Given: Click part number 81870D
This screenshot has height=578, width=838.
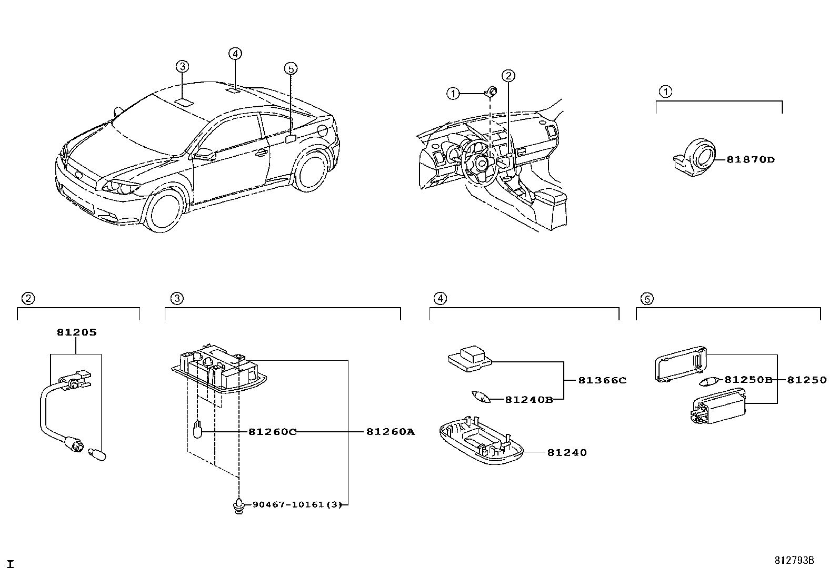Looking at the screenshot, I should pyautogui.click(x=750, y=160).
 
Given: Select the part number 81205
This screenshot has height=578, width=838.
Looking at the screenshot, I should pyautogui.click(x=77, y=332).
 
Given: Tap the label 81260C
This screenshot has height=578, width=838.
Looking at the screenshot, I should pyautogui.click(x=272, y=432).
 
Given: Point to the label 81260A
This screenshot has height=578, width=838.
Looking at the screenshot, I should pyautogui.click(x=391, y=432).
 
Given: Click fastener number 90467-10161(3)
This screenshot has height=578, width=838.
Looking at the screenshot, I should pyautogui.click(x=297, y=504).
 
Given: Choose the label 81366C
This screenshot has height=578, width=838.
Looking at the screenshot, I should pyautogui.click(x=602, y=380).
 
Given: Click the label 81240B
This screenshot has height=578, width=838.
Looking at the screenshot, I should pyautogui.click(x=528, y=400).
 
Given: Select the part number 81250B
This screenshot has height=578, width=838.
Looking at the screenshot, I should pyautogui.click(x=748, y=380).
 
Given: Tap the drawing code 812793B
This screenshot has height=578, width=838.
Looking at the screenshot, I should pyautogui.click(x=794, y=561).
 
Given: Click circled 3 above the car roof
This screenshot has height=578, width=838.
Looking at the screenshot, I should pyautogui.click(x=182, y=66).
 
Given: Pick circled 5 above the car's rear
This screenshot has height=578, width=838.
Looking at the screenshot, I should pyautogui.click(x=291, y=68).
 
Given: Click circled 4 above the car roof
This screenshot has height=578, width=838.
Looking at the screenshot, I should pyautogui.click(x=235, y=53).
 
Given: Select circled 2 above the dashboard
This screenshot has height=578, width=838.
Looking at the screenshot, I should pyautogui.click(x=508, y=76).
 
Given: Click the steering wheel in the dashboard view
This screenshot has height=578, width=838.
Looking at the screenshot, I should pyautogui.click(x=480, y=163).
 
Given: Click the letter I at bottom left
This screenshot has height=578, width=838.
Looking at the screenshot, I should pyautogui.click(x=10, y=565).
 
